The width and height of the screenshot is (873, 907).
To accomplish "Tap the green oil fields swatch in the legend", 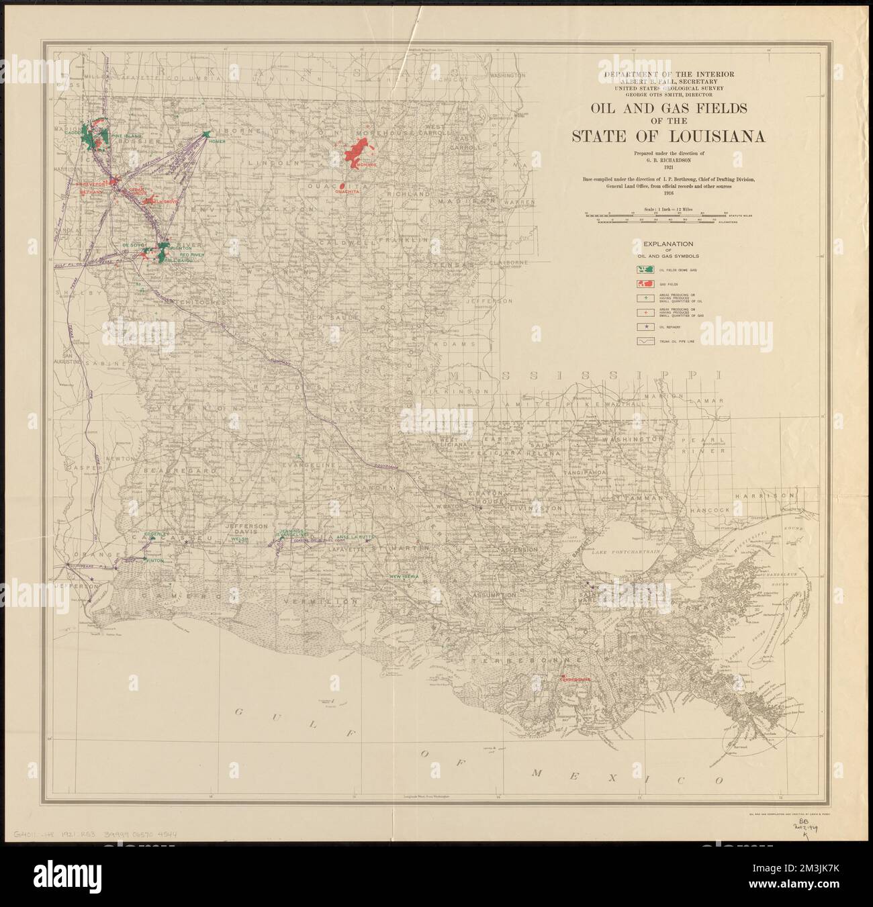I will coord(646,270).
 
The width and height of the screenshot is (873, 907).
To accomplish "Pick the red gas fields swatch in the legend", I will coord(646,285).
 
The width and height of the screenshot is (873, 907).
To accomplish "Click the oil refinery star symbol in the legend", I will coord(646,327).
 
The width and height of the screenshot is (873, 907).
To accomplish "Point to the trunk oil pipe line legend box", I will coord(646,342).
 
